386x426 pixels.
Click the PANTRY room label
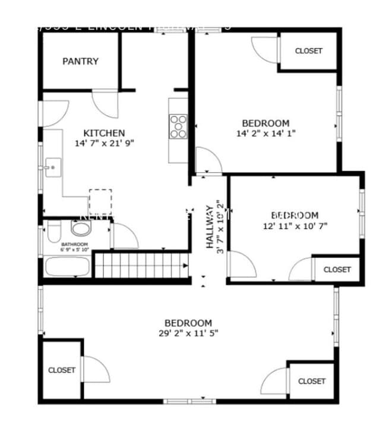point(80,61)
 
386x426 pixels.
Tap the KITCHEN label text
point(104,133)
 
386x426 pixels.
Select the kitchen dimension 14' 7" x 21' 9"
point(104,144)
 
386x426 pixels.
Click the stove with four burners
point(178,126)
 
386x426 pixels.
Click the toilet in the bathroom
point(53,230)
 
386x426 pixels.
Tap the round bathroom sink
point(79,228)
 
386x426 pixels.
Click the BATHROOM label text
point(74,244)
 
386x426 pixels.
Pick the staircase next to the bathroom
point(141,265)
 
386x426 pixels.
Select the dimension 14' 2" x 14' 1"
point(265,133)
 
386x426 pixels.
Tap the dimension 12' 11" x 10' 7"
point(295,225)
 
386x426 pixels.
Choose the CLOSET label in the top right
point(309,51)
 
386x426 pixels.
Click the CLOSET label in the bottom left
point(62,370)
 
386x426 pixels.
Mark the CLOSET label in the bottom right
point(312,381)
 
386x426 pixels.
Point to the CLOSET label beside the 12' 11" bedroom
point(337,269)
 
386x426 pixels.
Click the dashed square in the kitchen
point(100,201)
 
